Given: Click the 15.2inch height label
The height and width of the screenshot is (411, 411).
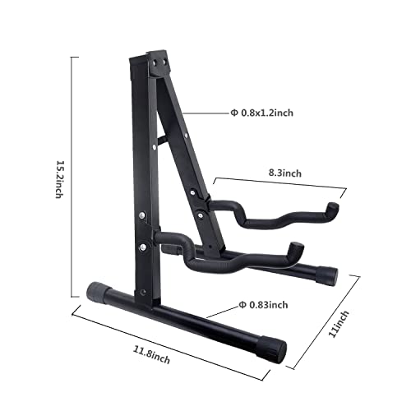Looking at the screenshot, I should click(58, 179).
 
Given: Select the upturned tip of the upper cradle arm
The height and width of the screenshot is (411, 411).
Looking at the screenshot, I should click(332, 211).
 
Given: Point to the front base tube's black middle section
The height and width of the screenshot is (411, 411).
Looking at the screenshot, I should click(189, 316).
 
